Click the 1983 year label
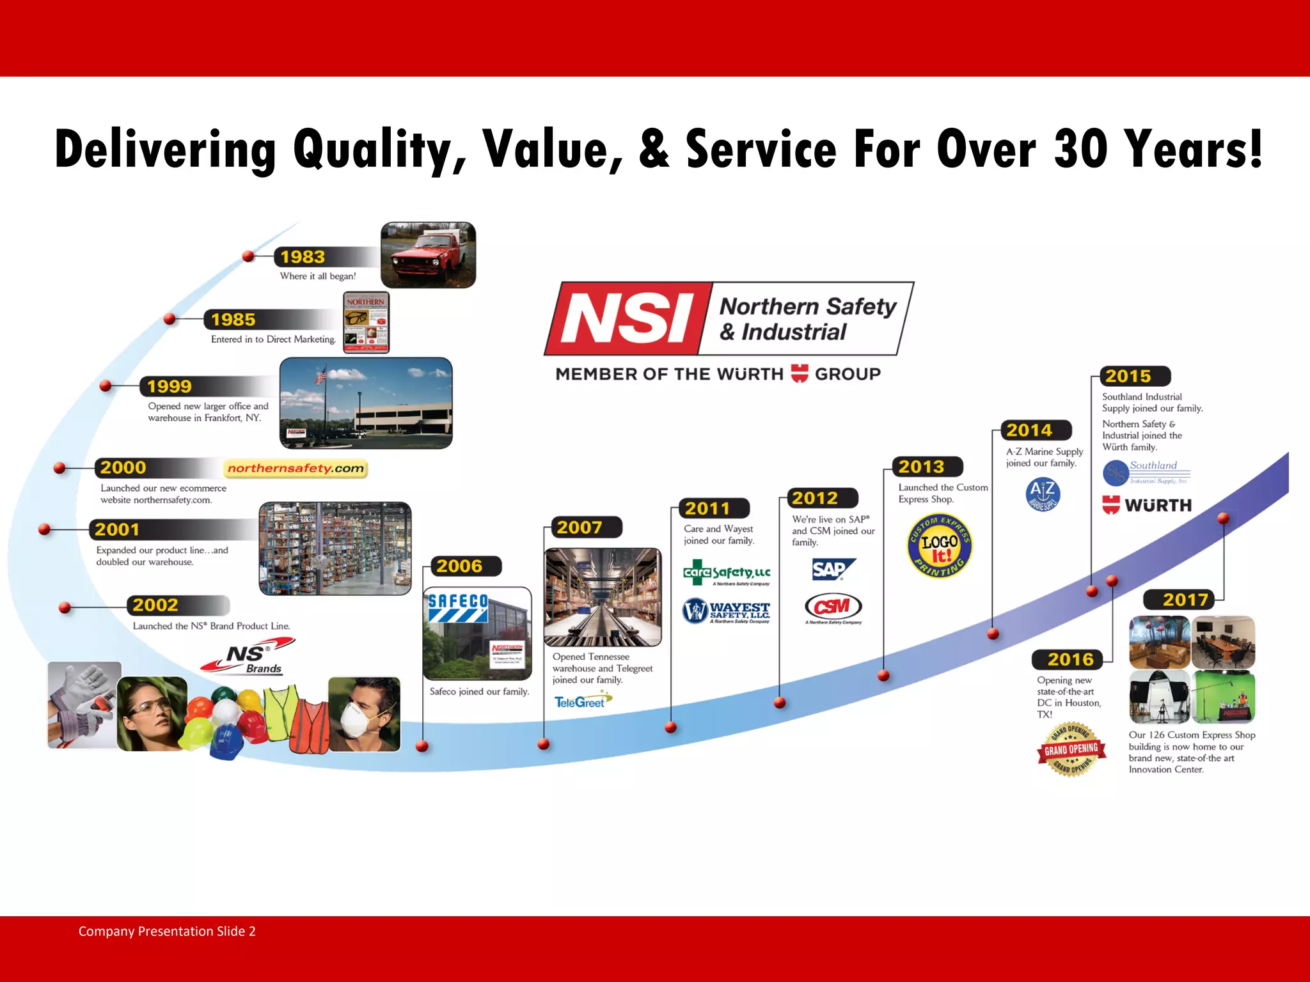(x=303, y=257)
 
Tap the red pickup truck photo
(x=428, y=254)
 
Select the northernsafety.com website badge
(x=296, y=469)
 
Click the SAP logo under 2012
(x=832, y=568)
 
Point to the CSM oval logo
(x=833, y=606)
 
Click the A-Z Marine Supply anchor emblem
(x=1043, y=494)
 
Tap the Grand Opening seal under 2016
(x=1071, y=749)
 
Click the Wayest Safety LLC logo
(x=726, y=611)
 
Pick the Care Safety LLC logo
(x=727, y=573)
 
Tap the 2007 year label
(x=580, y=527)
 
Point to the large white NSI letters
(x=627, y=318)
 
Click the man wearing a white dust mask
(x=364, y=713)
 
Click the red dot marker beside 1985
(x=170, y=318)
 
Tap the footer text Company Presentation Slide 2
(x=167, y=931)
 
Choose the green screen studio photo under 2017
(x=1224, y=696)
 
